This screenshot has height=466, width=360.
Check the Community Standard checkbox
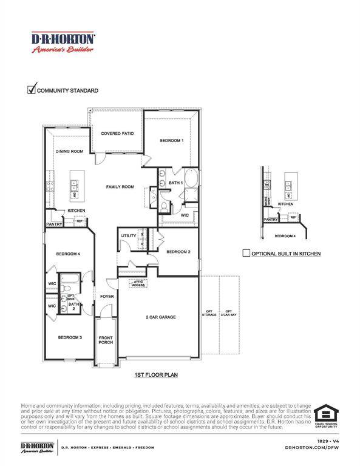coord(32,90)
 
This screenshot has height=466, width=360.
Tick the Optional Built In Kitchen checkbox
coord(246,253)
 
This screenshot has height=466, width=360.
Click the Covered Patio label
coord(117,133)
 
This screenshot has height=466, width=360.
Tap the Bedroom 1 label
coord(171,140)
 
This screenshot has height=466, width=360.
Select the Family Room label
coord(120,187)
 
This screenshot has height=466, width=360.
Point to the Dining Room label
coord(69,151)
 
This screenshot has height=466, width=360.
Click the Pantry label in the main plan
coord(53,224)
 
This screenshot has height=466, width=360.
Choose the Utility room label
coord(129,235)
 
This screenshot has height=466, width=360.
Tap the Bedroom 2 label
coord(178,251)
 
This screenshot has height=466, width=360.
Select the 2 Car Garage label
coord(161,317)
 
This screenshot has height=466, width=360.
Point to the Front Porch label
coord(106,341)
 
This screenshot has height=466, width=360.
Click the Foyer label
coord(107,296)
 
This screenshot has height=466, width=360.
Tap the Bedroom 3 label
coord(70,337)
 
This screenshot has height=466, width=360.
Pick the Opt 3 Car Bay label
coord(228,313)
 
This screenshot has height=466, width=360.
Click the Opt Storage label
coord(210,313)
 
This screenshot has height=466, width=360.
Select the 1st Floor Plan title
coord(155,376)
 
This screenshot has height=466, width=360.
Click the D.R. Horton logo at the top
coord(63,42)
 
